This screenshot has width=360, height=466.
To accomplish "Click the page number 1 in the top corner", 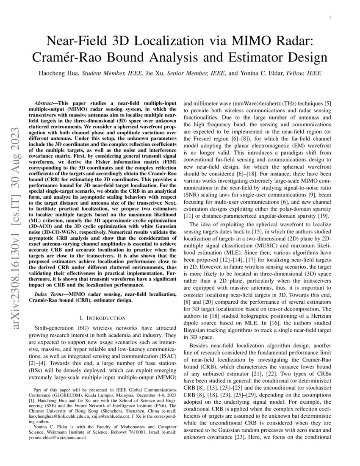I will [x=329, y=17].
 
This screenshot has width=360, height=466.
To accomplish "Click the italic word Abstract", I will [x=46, y=103].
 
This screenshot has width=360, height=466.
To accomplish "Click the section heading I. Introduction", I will [x=100, y=318].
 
